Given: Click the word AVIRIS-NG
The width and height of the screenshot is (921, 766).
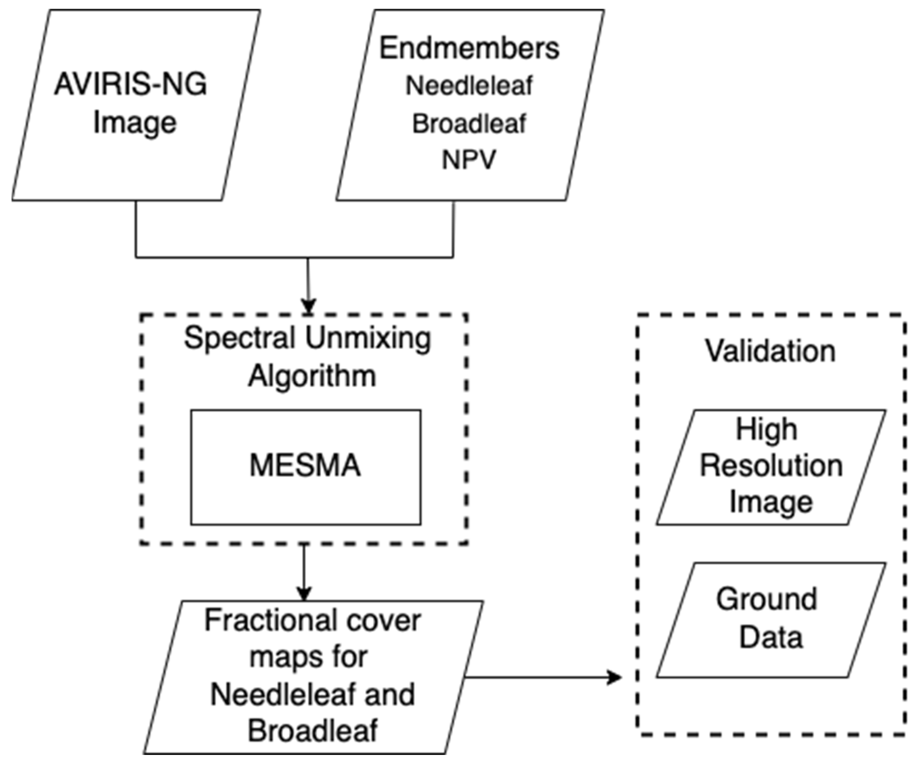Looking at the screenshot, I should point(130,84).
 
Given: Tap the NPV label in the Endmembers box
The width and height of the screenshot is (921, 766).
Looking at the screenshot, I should point(468,160).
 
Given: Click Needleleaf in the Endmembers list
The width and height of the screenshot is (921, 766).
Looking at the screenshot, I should point(469,86).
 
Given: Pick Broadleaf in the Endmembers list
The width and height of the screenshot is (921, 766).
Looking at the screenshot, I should point(469,124).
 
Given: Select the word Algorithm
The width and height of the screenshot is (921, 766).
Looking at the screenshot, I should point(312,376).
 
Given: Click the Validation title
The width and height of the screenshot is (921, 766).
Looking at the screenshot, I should point(770,352).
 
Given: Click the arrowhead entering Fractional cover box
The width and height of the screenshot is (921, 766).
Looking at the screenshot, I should point(304,594).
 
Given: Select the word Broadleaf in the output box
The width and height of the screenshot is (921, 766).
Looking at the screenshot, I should point(312,731).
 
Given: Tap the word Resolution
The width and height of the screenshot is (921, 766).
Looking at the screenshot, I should point(771,466).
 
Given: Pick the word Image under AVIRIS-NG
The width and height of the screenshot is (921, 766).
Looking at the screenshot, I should point(135,123).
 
